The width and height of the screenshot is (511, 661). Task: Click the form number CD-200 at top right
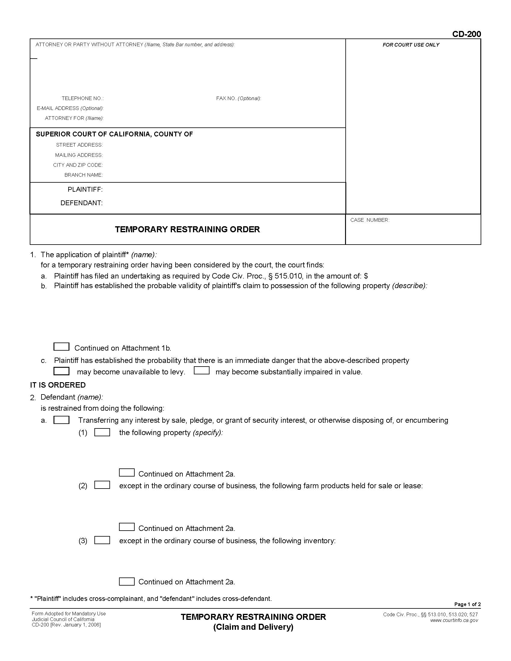click(x=466, y=34)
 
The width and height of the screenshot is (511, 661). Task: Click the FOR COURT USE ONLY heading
click(x=411, y=45)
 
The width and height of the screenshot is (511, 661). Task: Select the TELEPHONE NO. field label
click(x=83, y=98)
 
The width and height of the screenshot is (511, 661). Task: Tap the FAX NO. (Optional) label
click(x=238, y=98)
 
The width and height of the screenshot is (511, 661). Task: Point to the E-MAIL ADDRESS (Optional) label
click(x=70, y=108)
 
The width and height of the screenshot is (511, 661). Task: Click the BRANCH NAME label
click(x=84, y=175)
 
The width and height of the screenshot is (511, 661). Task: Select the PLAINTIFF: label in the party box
click(x=85, y=190)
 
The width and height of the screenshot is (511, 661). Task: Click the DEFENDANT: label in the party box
click(x=81, y=203)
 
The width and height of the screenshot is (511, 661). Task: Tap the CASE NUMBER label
click(x=370, y=220)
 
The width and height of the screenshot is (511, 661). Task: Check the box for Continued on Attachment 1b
click(x=61, y=346)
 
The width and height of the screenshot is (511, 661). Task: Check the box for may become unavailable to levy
click(x=61, y=371)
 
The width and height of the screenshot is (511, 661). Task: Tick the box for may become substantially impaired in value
click(x=202, y=370)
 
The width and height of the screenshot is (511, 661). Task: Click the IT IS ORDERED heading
click(x=57, y=385)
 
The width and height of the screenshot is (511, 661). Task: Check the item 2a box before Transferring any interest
click(x=61, y=420)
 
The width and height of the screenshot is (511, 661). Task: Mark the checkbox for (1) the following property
click(x=102, y=432)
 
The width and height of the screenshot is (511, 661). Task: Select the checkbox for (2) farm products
click(x=102, y=485)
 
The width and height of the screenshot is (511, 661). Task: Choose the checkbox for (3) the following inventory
click(x=102, y=540)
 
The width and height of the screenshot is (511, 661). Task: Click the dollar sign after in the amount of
click(x=366, y=276)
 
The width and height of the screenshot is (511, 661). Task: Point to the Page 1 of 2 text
click(x=467, y=604)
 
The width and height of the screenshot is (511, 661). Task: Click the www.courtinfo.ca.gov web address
click(x=454, y=620)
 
